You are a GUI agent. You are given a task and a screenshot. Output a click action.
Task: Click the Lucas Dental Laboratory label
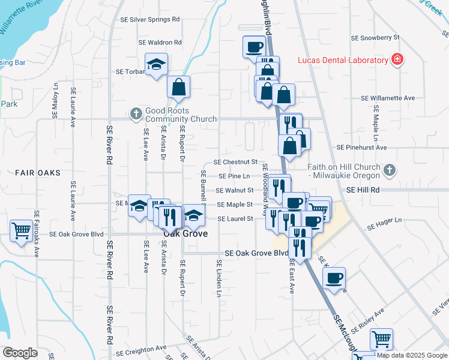(343, 60)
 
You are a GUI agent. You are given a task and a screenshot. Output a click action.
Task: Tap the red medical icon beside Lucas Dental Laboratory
(396, 59)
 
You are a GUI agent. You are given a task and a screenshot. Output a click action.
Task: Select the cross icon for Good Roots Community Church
(136, 113)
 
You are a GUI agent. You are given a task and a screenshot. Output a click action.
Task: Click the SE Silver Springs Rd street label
(151, 19)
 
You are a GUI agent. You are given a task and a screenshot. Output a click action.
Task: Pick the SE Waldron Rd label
(160, 43)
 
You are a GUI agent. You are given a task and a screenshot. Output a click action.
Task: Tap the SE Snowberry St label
(375, 37)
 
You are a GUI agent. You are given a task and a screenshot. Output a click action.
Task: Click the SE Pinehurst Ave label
(370, 147)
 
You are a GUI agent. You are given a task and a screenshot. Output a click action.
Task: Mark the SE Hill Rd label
(363, 190)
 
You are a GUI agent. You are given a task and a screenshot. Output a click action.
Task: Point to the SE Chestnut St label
(235, 162)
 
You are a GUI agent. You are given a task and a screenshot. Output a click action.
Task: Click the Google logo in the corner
(20, 352)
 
